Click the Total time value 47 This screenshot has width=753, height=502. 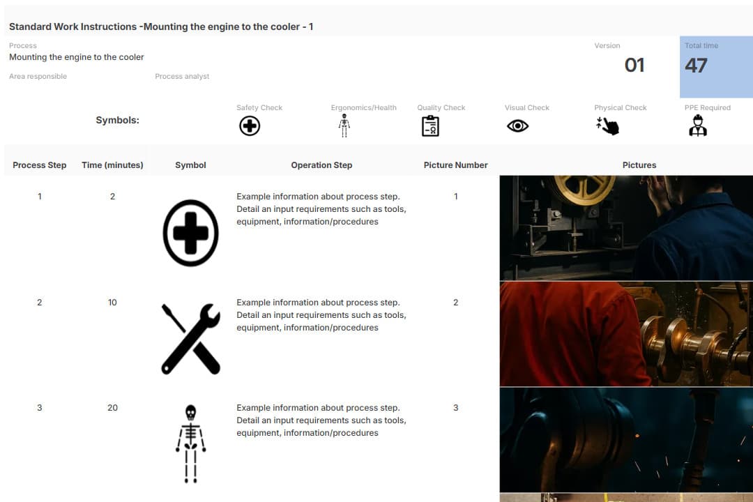(696, 66)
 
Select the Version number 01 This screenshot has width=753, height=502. (634, 66)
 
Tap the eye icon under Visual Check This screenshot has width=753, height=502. (517, 126)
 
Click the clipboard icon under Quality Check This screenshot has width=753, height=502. (430, 126)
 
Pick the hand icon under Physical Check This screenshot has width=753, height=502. (607, 126)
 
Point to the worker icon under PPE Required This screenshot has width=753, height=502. (698, 125)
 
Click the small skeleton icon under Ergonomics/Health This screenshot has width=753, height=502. (344, 125)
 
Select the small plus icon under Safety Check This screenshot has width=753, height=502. (250, 126)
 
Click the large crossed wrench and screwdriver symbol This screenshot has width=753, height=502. (190, 339)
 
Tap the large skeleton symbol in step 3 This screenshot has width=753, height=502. (190, 443)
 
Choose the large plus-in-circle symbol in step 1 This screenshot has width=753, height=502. (190, 233)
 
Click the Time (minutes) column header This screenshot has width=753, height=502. (112, 165)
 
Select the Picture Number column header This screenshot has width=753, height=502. (455, 165)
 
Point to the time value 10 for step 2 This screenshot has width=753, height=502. (112, 302)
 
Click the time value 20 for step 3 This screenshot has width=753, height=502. (112, 407)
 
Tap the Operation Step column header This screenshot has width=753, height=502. (321, 165)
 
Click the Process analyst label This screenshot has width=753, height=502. (182, 77)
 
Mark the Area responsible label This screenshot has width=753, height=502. (38, 77)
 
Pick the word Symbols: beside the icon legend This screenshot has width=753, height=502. (117, 120)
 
